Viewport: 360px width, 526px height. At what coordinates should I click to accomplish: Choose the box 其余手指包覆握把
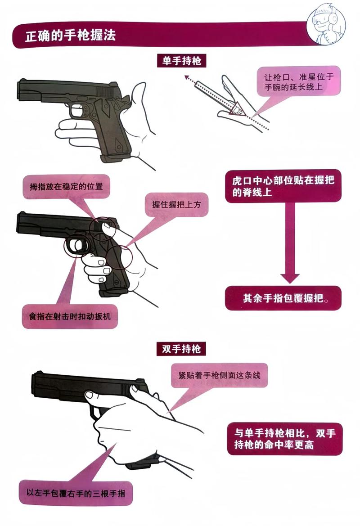[x=283, y=298]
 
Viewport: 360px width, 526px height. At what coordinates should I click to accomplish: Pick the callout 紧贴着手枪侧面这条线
[x=219, y=375]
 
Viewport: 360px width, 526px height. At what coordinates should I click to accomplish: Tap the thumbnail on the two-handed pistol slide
[x=90, y=395]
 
